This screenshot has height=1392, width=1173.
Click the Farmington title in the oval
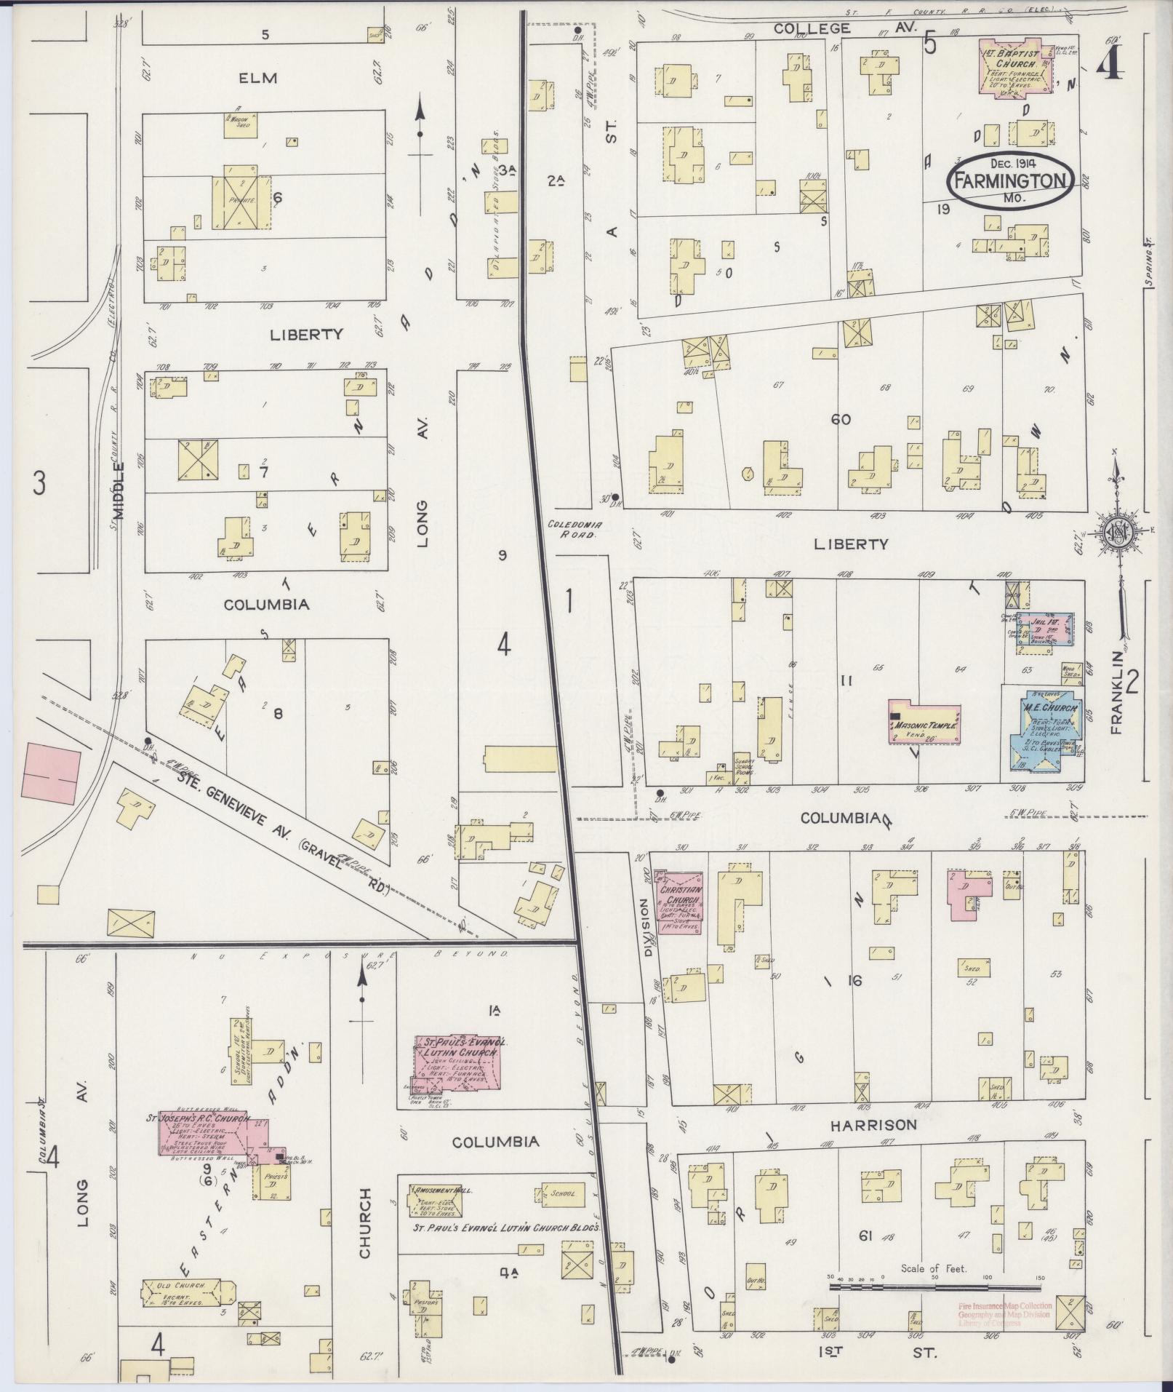[x=1010, y=182]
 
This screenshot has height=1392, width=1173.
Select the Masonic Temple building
[x=924, y=723]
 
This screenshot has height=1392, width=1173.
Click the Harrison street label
[x=870, y=1145]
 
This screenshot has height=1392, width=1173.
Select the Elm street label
[x=258, y=78]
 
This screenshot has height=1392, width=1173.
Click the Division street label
[x=644, y=920]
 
